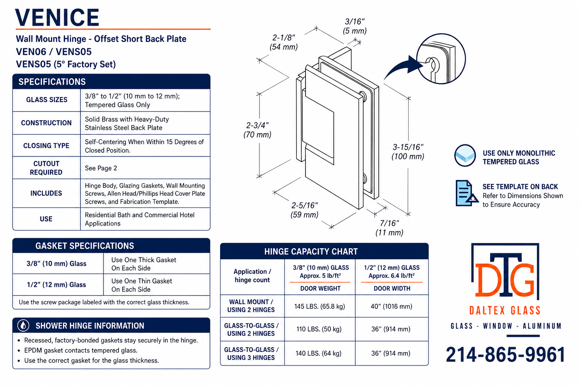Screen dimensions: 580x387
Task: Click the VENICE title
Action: (57, 17)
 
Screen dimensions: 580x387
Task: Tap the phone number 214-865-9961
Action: (506, 354)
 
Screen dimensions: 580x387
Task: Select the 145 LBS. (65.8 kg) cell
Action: (319, 307)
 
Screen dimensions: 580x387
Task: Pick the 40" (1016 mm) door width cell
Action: (391, 307)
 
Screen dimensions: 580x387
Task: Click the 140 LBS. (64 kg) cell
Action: (318, 353)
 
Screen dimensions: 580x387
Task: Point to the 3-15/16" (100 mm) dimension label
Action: (408, 152)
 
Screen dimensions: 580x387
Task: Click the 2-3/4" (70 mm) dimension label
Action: (258, 130)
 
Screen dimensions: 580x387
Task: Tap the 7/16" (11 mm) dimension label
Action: (389, 228)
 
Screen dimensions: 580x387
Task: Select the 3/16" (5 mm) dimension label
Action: (355, 26)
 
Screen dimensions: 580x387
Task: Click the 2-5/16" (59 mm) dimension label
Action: (304, 210)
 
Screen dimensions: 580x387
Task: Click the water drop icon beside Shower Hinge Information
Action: (23, 325)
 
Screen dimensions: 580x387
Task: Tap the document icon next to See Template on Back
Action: (466, 193)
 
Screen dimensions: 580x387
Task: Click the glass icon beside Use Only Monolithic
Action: (465, 156)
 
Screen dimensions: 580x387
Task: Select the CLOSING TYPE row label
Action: (46, 146)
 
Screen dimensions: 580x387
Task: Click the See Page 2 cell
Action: (101, 168)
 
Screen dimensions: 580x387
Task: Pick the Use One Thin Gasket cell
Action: (142, 285)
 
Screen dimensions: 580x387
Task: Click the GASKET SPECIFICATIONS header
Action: (85, 246)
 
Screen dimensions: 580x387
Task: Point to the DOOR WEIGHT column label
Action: (320, 288)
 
